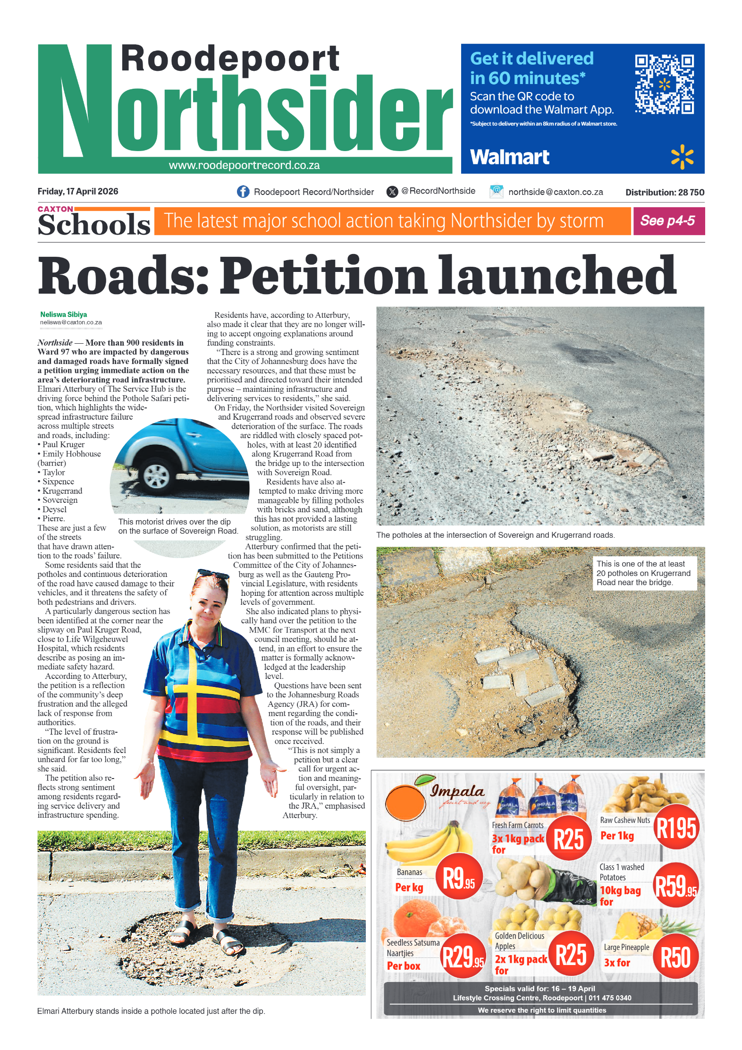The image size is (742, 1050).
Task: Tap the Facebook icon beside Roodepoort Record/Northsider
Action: [x=243, y=192]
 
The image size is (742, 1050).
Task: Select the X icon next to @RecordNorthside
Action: [x=392, y=191]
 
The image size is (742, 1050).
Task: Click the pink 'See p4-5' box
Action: [x=668, y=221]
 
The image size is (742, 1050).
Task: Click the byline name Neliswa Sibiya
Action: [x=64, y=314]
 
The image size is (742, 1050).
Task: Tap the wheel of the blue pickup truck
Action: [x=157, y=476]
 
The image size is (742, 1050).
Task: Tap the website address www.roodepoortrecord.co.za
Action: [x=244, y=165]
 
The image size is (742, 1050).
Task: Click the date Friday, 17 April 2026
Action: [x=78, y=191]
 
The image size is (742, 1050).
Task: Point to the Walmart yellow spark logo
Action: [x=682, y=157]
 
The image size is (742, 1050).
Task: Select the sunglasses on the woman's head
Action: [x=213, y=575]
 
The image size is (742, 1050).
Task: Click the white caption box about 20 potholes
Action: [x=644, y=573]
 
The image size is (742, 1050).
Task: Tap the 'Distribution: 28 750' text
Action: [x=665, y=192]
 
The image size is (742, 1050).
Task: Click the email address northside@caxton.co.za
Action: [x=556, y=192]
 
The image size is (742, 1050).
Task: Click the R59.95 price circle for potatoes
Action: [x=675, y=885]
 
